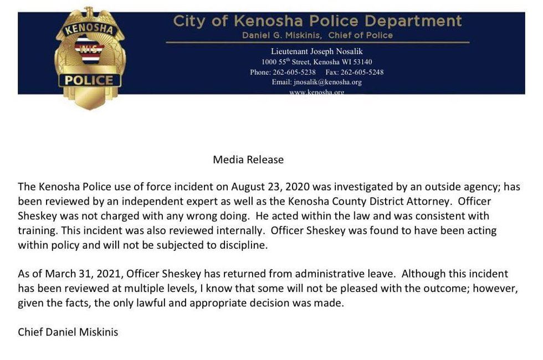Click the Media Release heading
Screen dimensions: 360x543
coord(248,160)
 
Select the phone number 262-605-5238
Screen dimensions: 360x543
coord(294,72)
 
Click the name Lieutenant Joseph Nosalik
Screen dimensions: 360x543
coord(317,52)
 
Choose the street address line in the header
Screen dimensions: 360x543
coord(317,62)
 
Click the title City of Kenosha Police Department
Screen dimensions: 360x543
coord(317,21)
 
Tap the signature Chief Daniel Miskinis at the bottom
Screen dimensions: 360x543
coord(68,332)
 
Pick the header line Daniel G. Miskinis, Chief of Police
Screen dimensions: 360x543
coord(317,35)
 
